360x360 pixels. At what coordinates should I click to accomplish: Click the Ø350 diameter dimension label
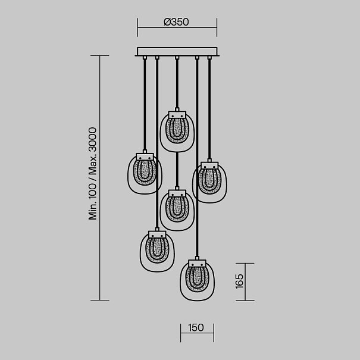click(x=176, y=22)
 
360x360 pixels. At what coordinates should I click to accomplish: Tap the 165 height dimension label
click(x=239, y=281)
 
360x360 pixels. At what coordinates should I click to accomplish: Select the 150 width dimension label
click(x=196, y=328)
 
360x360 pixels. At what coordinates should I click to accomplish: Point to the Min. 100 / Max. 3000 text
click(x=92, y=174)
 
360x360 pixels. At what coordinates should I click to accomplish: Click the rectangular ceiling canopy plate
click(x=177, y=51)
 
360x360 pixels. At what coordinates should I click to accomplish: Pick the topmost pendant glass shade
click(x=177, y=132)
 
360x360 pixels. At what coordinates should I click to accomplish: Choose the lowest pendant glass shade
click(x=197, y=280)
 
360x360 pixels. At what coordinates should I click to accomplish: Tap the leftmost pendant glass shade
click(x=145, y=174)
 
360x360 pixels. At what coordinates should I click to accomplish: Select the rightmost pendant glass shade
click(x=209, y=183)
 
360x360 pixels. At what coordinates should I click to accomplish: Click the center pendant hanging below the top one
click(x=177, y=210)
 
